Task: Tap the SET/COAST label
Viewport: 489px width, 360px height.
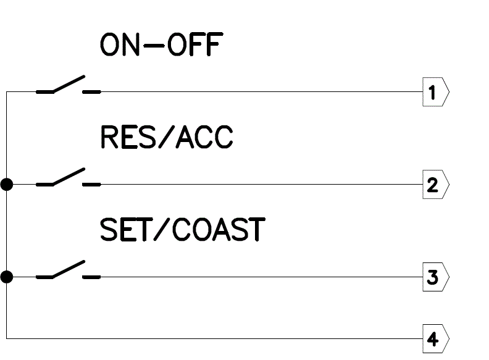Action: click(x=183, y=230)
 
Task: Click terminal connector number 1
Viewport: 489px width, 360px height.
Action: click(x=435, y=93)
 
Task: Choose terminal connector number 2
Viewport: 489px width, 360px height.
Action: click(x=435, y=185)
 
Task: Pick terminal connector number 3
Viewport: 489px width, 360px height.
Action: click(x=435, y=277)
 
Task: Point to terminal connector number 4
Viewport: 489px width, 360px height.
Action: click(x=435, y=339)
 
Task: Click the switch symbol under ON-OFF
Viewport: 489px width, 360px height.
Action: click(x=68, y=86)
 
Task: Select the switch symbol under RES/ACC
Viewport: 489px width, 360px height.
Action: click(x=68, y=178)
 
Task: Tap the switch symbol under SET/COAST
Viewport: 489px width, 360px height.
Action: click(x=68, y=271)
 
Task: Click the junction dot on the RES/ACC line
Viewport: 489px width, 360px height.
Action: click(x=7, y=185)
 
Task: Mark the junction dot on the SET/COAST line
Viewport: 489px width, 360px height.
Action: click(x=7, y=277)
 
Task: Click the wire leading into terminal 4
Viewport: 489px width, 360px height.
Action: click(x=216, y=339)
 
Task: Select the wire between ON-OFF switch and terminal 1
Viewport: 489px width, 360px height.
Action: click(x=259, y=93)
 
